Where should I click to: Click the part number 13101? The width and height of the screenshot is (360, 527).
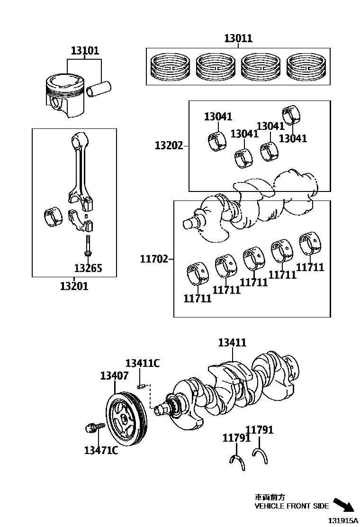pos(85,50)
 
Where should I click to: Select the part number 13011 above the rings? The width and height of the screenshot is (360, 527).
pos(238,38)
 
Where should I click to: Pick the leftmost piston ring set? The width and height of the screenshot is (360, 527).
pos(170,66)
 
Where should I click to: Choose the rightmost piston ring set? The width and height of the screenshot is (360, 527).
pos(306,66)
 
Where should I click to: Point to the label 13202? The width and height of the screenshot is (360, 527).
pos(169,145)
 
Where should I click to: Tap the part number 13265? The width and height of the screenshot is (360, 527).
pos(88,269)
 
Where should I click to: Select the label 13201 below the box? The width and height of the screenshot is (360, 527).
pos(74,286)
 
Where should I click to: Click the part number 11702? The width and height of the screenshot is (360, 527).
pos(153,259)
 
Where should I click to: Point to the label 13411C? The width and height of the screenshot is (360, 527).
pos(142,363)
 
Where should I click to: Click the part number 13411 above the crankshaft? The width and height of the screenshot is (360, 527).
pos(232,343)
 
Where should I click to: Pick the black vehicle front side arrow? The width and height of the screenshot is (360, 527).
pos(343,505)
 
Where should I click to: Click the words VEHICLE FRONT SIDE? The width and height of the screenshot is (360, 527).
pos(291,506)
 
